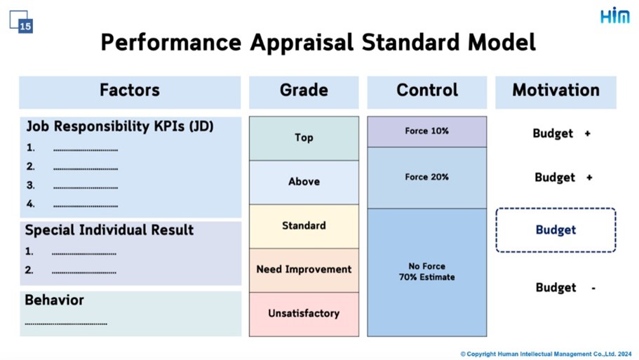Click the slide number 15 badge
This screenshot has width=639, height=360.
tap(25, 27)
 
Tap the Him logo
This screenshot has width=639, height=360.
tap(615, 16)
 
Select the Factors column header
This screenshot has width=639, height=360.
tap(130, 92)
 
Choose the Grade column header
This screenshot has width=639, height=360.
tap(304, 92)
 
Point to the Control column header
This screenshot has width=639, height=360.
tap(427, 92)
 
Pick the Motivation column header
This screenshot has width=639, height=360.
tap(556, 92)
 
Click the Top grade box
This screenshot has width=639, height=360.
tap(304, 138)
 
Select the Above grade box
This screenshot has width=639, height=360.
tap(304, 182)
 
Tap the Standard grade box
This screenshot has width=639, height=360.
tap(304, 226)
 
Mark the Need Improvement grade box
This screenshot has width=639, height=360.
tap(304, 270)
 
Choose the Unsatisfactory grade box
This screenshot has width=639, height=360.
tap(304, 314)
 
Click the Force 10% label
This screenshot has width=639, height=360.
tap(426, 131)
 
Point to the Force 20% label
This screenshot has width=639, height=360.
tap(426, 177)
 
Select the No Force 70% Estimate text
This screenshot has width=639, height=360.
tap(426, 272)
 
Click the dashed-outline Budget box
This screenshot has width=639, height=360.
tap(556, 230)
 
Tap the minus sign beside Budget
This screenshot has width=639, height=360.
tap(594, 288)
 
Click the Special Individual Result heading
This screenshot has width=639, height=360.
tap(109, 230)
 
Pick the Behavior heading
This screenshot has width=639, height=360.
tap(54, 300)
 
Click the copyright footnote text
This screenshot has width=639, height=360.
tap(546, 354)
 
